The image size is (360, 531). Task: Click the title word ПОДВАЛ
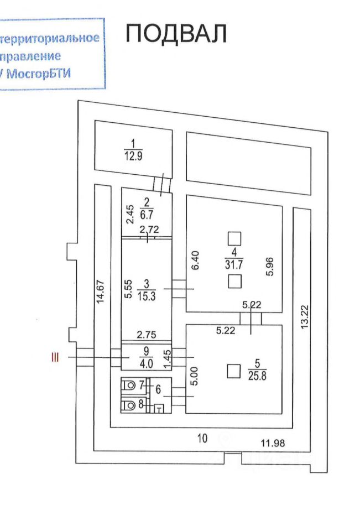coord(176,34)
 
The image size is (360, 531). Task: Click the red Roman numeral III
coord(54,358)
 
